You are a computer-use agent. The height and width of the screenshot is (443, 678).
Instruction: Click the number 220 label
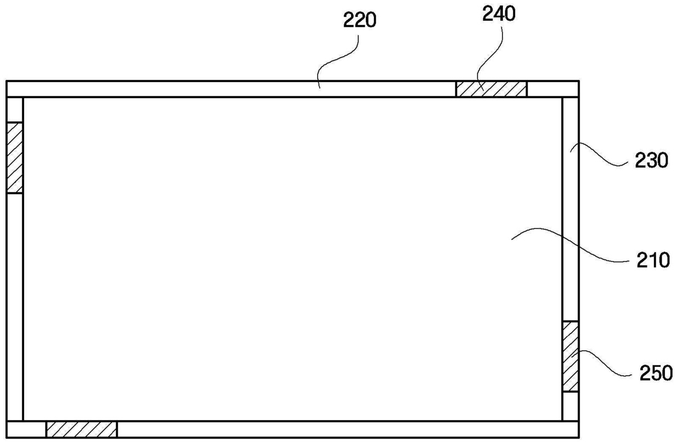click(x=360, y=20)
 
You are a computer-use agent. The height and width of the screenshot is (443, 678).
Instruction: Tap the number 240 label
click(x=498, y=15)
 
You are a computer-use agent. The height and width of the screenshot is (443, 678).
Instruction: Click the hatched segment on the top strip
click(x=491, y=89)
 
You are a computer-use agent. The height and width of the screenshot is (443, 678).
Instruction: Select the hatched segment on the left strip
click(x=15, y=158)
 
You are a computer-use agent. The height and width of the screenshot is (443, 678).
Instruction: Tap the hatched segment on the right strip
click(x=570, y=356)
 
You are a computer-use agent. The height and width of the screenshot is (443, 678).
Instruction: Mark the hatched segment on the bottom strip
click(x=81, y=429)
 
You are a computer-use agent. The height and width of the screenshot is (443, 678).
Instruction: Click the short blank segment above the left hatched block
click(x=15, y=109)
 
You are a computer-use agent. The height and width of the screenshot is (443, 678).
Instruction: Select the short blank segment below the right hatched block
click(x=570, y=406)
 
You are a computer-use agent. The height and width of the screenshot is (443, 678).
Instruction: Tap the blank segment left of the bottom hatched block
click(x=26, y=429)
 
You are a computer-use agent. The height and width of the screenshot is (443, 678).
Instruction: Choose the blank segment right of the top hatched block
click(x=552, y=89)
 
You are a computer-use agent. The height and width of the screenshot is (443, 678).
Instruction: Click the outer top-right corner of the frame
click(x=578, y=81)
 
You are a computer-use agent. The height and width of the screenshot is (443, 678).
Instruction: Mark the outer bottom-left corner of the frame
click(x=7, y=438)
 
